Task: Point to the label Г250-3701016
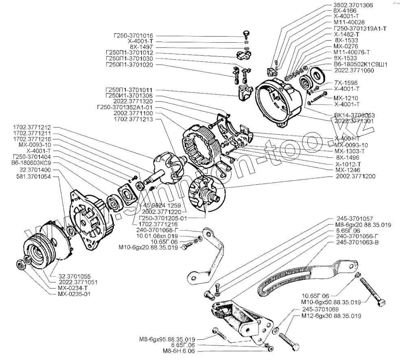point(130,36)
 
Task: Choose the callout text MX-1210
point(343,98)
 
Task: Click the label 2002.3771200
point(355,177)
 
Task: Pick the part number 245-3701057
point(355,218)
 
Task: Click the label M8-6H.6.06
point(178,351)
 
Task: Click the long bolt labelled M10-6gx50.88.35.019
point(372,291)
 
